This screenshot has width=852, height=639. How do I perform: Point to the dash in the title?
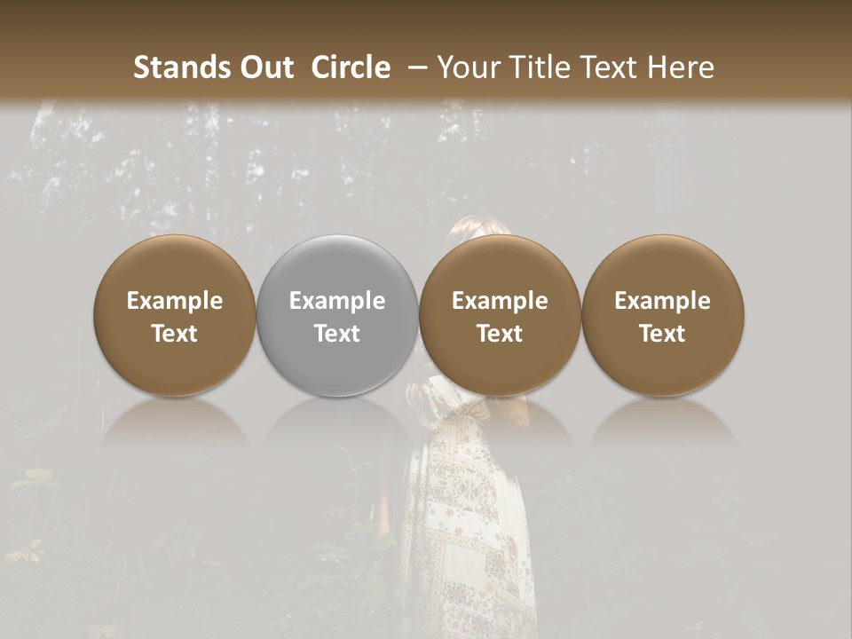click(x=414, y=67)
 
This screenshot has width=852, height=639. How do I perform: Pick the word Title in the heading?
click(x=543, y=67)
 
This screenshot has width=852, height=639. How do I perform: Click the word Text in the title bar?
click(x=611, y=67)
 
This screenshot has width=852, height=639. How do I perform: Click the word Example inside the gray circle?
click(x=337, y=301)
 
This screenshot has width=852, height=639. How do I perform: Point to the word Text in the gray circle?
click(x=337, y=334)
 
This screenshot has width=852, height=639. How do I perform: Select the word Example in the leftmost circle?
click(x=175, y=301)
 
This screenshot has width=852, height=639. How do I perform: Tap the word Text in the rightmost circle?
click(x=662, y=334)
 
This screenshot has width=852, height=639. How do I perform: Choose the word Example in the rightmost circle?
click(x=662, y=301)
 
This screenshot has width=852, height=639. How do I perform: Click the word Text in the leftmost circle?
click(x=175, y=334)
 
